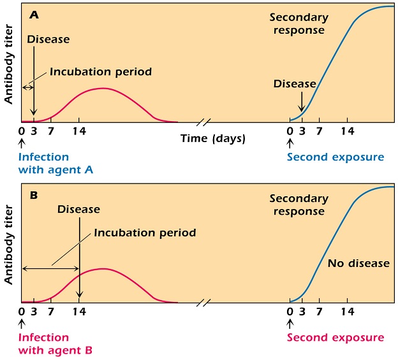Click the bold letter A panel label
pos(34,15)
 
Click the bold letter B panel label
pos(34,195)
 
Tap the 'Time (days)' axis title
pos(213,139)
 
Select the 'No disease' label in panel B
pos(358,263)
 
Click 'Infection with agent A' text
pos(56,163)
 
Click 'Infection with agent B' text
pos(55,344)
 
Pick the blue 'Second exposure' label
pos(335,157)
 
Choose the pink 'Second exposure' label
pos(335,338)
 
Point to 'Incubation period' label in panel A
pos(101,72)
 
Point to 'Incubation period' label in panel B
pos(145,233)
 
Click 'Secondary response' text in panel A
pos(299,24)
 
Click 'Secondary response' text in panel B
pos(299,205)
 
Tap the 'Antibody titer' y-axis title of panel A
pos(9,64)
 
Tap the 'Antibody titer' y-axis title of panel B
pos(9,245)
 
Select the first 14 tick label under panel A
pos(79,131)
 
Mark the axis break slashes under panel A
pos(203,122)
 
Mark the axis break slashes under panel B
pos(203,303)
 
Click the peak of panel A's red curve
pos(103,88)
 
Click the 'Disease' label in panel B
pos(78,210)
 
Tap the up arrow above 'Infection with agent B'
pos(22,324)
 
